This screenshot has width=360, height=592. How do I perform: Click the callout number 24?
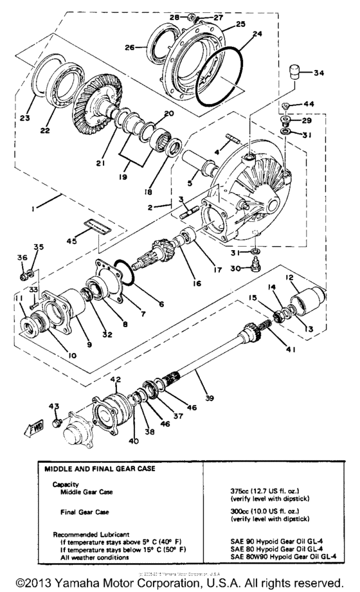point(240,35)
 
